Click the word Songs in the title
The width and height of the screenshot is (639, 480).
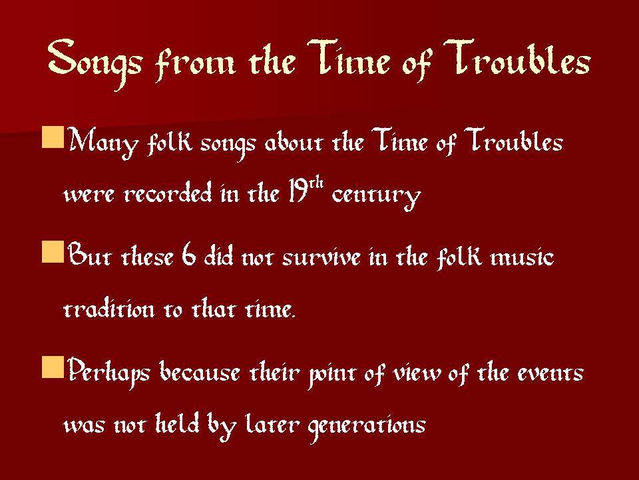point(95,63)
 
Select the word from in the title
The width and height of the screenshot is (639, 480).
point(195,63)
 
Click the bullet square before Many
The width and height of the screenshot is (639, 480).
point(53,137)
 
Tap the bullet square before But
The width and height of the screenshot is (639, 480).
point(53,252)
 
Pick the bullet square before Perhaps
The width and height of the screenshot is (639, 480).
point(53,367)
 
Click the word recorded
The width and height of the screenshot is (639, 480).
point(168,193)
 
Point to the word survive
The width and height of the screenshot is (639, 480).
point(321,258)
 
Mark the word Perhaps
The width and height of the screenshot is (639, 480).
point(108,371)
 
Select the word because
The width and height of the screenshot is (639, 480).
point(200,371)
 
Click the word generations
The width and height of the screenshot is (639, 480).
point(367,426)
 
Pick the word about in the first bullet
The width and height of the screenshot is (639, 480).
point(294,143)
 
